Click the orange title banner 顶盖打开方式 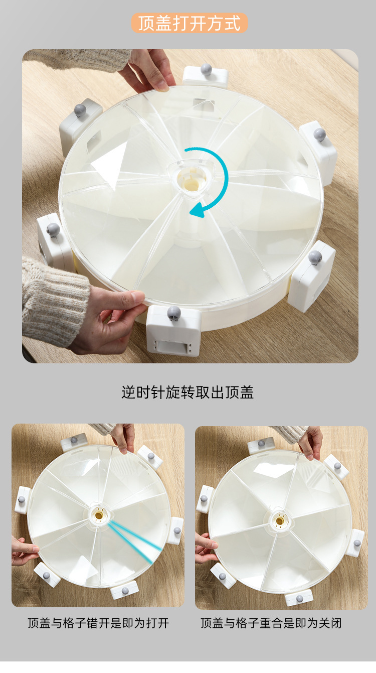190,23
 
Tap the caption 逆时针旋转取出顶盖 187,392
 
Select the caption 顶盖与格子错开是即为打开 98,623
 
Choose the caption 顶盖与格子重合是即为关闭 271,623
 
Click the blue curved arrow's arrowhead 197,210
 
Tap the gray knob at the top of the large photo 206,69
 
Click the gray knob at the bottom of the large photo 174,313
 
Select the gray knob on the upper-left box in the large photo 80,110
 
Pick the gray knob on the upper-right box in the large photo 319,134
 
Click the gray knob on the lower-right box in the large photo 315,257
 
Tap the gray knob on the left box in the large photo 53,229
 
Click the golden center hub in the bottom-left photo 99,516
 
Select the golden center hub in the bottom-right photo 280,520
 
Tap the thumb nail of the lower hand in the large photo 138,296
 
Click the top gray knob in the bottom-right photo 261,443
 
